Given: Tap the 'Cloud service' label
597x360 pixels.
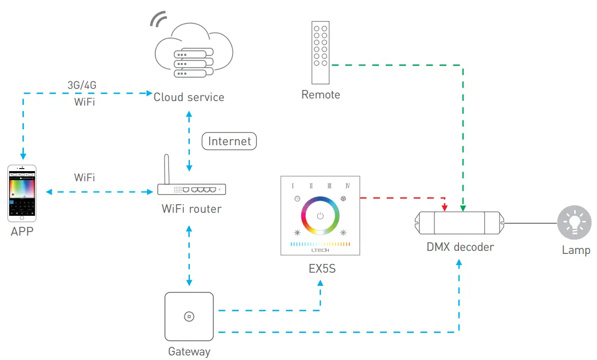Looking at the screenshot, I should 189,97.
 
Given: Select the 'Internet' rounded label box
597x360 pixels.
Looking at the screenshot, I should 229,141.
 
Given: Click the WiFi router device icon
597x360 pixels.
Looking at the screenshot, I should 191,189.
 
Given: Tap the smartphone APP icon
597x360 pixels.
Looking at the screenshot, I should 22,193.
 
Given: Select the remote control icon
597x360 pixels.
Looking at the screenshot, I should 320,52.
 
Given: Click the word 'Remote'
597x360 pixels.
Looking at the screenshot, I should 320,95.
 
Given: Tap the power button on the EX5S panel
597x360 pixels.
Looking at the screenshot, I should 320,216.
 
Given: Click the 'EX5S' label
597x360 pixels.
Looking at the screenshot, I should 322,269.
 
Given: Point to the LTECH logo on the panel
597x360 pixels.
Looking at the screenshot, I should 320,250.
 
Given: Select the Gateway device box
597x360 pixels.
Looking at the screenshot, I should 189,316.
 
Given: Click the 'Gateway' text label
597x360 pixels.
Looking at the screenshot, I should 189,351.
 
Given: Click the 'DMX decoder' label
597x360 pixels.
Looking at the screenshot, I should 460,248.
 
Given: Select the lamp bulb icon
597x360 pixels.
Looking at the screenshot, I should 575,222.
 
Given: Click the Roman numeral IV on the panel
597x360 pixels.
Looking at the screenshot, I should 348,185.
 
